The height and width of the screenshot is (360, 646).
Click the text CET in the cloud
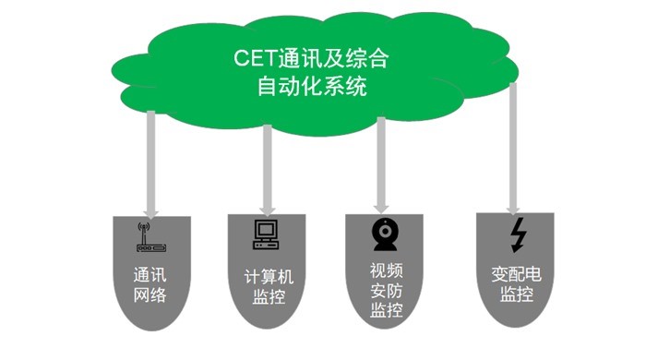(253, 59)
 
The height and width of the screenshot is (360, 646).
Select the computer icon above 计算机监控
(266, 235)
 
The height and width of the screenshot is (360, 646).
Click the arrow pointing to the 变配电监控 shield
(513, 148)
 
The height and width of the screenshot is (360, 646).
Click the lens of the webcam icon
(384, 230)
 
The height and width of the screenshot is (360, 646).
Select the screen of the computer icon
(266, 230)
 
